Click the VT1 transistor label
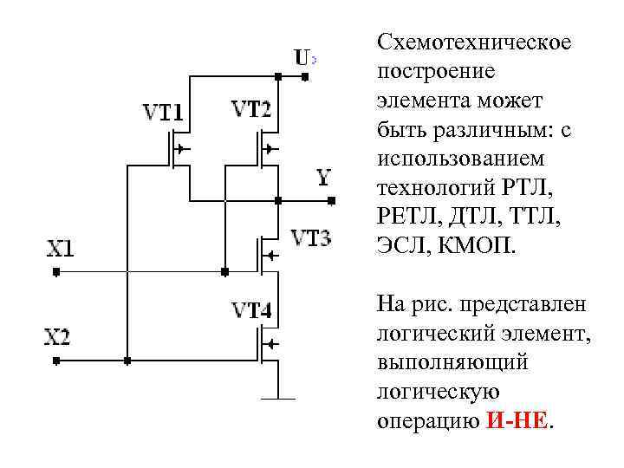tap(163, 113)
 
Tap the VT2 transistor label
tap(250, 110)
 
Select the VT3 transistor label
tap(309, 237)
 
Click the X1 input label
tap(60, 250)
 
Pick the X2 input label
tap(57, 336)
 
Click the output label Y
tap(323, 179)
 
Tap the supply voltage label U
tap(302, 58)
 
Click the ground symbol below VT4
tap(278, 398)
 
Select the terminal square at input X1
tap(55, 271)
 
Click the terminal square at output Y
tap(331, 201)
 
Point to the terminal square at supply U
tap(305, 77)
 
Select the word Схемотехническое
tap(474, 42)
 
